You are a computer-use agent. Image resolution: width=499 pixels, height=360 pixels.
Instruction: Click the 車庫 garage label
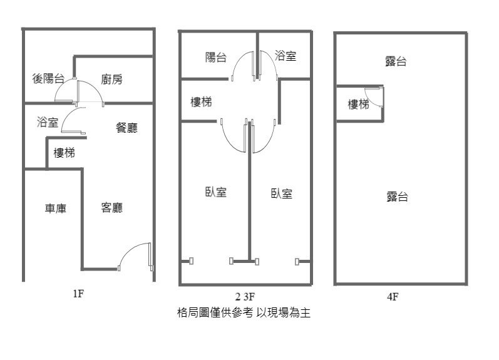tap(56, 208)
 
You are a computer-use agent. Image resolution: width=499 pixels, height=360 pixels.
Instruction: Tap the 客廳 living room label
tap(112, 208)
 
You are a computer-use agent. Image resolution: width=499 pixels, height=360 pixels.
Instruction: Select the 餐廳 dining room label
tap(126, 128)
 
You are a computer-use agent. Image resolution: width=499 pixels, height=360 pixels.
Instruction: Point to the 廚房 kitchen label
tap(111, 80)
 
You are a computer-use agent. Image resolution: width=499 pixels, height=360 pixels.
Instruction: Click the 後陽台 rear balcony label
tap(48, 78)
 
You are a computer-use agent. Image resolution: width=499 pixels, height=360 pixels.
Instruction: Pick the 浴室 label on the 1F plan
tap(48, 122)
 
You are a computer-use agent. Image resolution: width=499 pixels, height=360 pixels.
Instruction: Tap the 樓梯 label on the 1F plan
tap(64, 153)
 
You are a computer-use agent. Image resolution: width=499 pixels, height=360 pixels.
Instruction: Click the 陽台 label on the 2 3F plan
tap(216, 58)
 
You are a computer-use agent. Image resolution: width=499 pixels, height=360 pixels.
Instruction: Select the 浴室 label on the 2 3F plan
tap(286, 56)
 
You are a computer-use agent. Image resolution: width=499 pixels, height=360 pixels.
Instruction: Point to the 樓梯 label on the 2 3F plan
tap(201, 102)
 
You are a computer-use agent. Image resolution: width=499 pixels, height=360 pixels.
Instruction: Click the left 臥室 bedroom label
tap(216, 192)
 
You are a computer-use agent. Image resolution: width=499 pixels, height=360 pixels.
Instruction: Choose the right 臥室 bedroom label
tap(282, 193)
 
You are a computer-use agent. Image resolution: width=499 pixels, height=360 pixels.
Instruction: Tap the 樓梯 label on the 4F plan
tap(358, 104)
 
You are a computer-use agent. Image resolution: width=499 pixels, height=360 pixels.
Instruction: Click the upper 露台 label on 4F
tap(396, 61)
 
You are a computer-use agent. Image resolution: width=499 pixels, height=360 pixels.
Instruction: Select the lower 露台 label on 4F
tap(398, 197)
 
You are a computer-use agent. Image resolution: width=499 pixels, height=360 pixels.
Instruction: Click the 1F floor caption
tap(78, 294)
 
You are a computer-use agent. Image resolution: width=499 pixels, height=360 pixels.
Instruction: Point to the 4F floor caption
tap(393, 297)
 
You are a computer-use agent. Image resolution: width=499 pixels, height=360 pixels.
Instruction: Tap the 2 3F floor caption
tap(245, 297)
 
